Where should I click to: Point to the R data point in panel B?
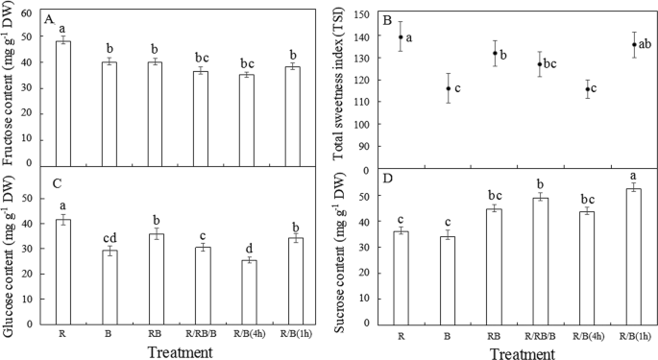pyautogui.click(x=401, y=36)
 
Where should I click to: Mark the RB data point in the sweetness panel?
pyautogui.click(x=495, y=53)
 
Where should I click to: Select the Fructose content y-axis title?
pyautogui.click(x=9, y=86)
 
